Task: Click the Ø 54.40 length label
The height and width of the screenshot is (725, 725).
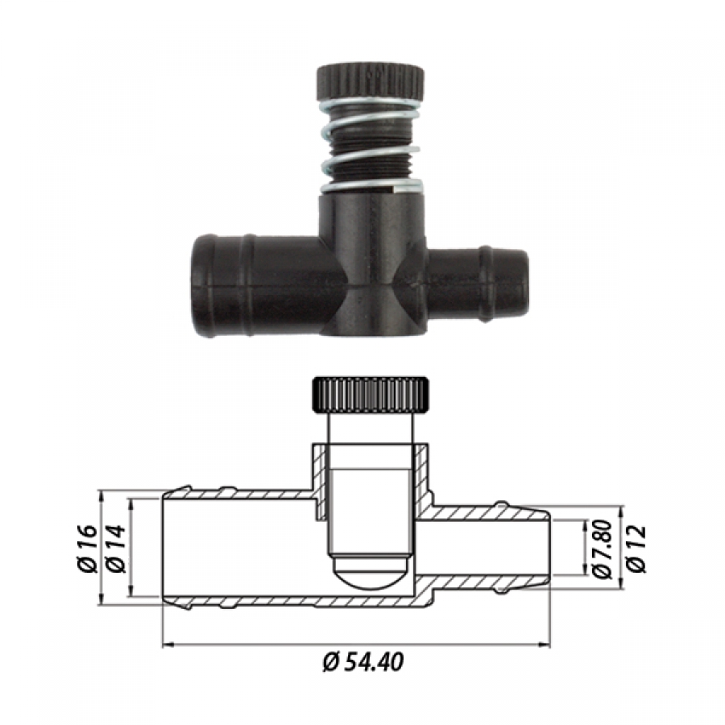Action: pyautogui.click(x=363, y=661)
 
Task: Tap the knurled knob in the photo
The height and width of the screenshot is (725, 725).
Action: pyautogui.click(x=370, y=84)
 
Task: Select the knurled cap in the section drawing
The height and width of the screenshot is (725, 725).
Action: pyautogui.click(x=371, y=396)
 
